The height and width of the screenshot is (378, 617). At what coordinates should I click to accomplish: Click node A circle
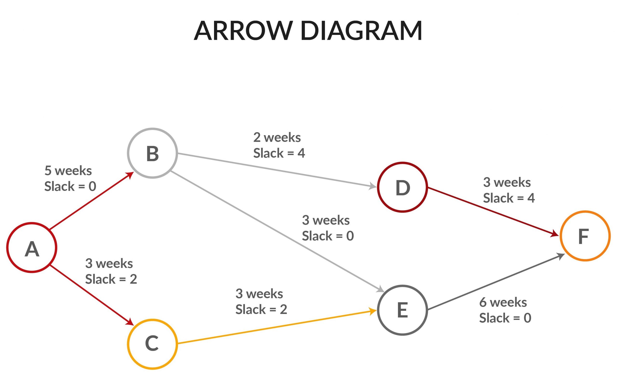point(32,247)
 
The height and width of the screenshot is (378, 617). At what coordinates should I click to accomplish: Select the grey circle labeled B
point(152,153)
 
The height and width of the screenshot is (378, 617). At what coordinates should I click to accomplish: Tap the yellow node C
point(152,344)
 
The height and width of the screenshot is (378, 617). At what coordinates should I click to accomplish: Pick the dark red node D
point(402,187)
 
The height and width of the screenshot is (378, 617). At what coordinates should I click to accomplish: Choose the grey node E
point(402,310)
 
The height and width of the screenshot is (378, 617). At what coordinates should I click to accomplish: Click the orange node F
point(585,236)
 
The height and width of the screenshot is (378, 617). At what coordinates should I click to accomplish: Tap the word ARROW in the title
point(243,31)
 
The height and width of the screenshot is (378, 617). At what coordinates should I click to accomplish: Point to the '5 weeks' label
point(68,171)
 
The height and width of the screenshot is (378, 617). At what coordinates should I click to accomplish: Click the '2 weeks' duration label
point(277,137)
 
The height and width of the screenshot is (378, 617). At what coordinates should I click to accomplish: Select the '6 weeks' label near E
point(503,302)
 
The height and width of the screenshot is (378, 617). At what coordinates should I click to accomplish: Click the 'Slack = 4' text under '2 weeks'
point(279,153)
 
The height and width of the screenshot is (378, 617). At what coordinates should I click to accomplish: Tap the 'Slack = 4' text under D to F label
point(509,198)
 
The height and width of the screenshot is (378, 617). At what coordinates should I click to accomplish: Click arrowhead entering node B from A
point(130,175)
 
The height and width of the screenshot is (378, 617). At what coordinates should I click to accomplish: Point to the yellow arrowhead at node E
point(373,311)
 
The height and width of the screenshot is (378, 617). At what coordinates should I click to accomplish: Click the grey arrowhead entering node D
point(373,186)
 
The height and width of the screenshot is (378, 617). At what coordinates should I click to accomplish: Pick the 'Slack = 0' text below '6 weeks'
point(505,318)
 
